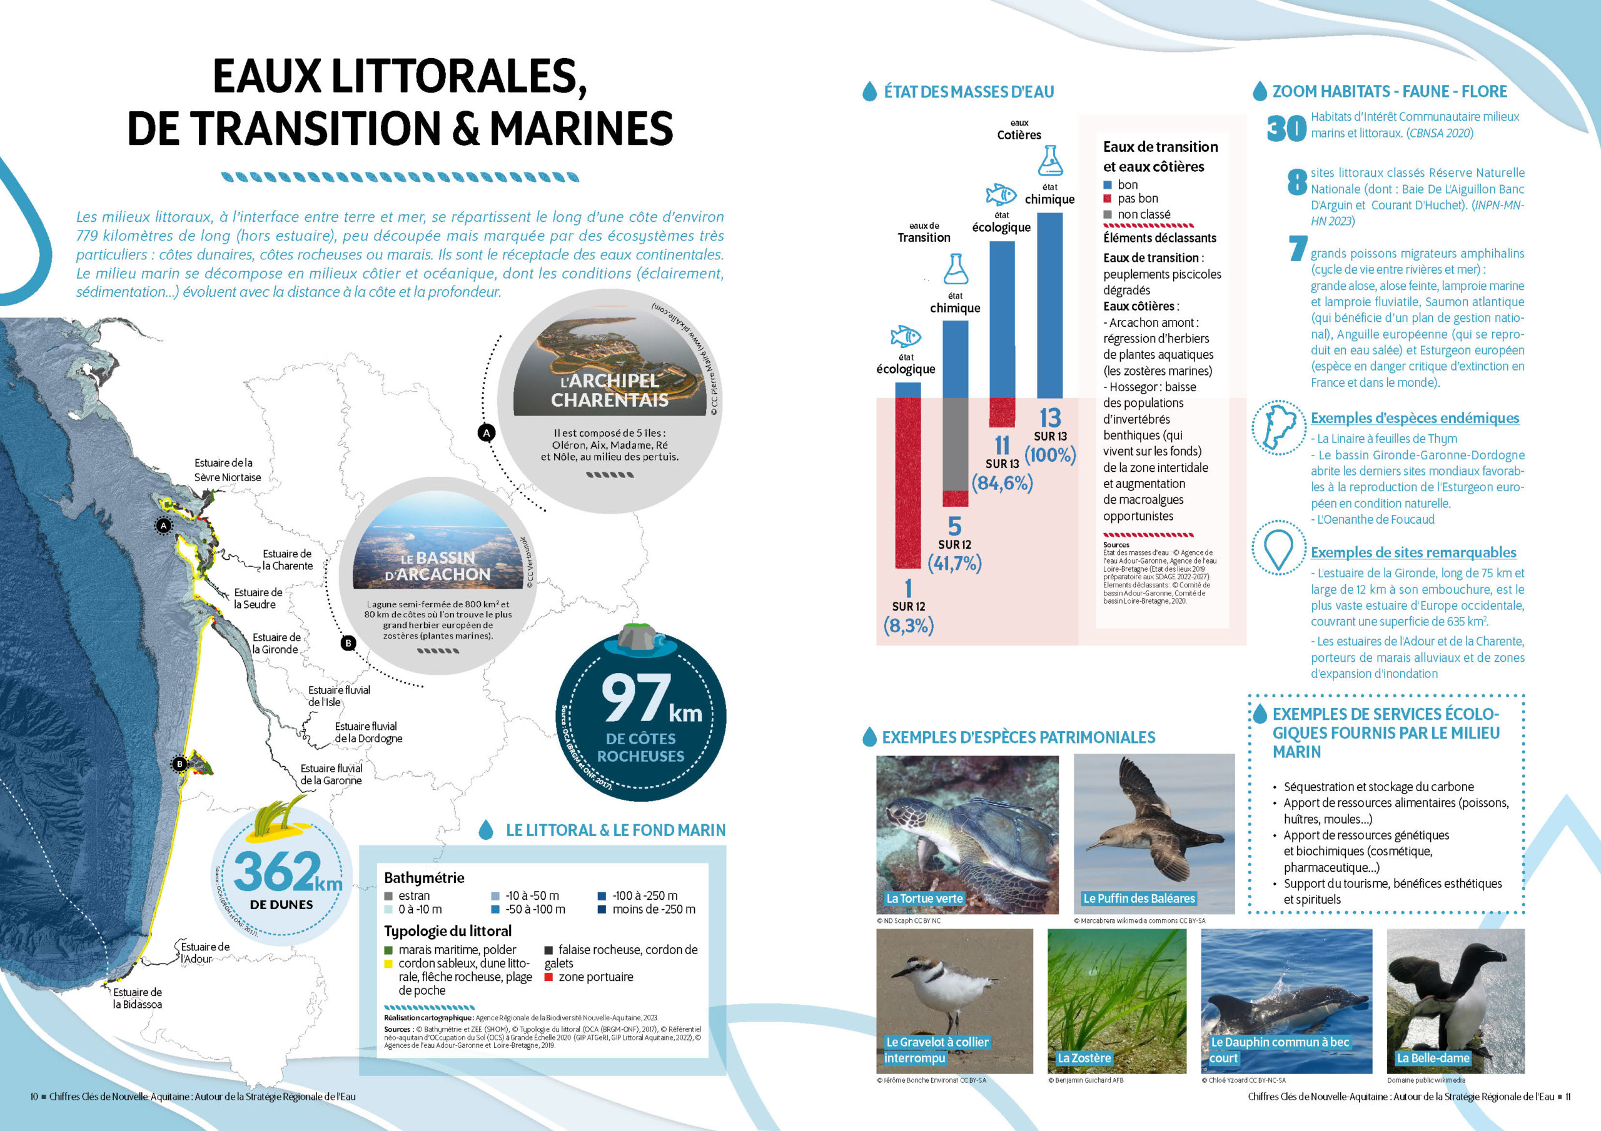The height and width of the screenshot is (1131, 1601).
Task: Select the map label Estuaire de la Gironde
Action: [276, 643]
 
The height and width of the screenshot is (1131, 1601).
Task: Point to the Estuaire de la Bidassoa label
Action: [138, 998]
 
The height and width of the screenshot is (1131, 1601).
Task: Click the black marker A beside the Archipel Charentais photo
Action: [486, 433]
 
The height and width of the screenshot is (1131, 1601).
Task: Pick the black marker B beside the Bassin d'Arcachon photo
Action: [348, 643]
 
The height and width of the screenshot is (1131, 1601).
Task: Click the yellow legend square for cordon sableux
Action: [388, 964]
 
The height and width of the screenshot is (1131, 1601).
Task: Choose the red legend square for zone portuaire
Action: [548, 977]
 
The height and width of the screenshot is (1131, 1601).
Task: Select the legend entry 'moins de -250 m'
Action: [654, 909]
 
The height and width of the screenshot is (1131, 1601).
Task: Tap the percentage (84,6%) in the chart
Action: [1002, 483]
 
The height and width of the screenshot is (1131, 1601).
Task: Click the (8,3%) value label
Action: [908, 625]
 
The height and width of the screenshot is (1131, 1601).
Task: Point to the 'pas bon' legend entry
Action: [1138, 199]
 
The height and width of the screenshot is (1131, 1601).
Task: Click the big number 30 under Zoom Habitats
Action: [1286, 128]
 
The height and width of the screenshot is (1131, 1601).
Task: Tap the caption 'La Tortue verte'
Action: [924, 899]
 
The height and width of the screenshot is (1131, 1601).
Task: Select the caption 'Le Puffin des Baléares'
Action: [1139, 899]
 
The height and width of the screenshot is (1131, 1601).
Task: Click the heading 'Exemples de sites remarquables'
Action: [1413, 552]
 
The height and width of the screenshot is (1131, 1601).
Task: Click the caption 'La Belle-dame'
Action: [1432, 1058]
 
